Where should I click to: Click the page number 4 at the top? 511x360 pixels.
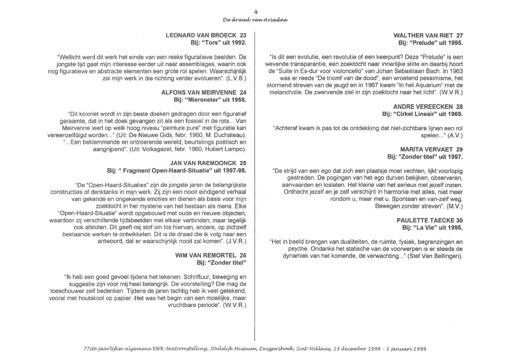tap(256, 12)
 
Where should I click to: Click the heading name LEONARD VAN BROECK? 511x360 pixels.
tap(201, 35)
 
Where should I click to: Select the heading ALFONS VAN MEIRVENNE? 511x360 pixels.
tap(199, 92)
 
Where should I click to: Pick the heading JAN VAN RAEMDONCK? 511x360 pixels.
tap(204, 163)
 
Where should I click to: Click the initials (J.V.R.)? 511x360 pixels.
tap(236, 241)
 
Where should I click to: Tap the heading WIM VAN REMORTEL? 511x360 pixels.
tap(206, 255)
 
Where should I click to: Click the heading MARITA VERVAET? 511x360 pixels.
tap(426, 149)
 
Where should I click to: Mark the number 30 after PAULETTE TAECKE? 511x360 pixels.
tap(459, 220)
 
